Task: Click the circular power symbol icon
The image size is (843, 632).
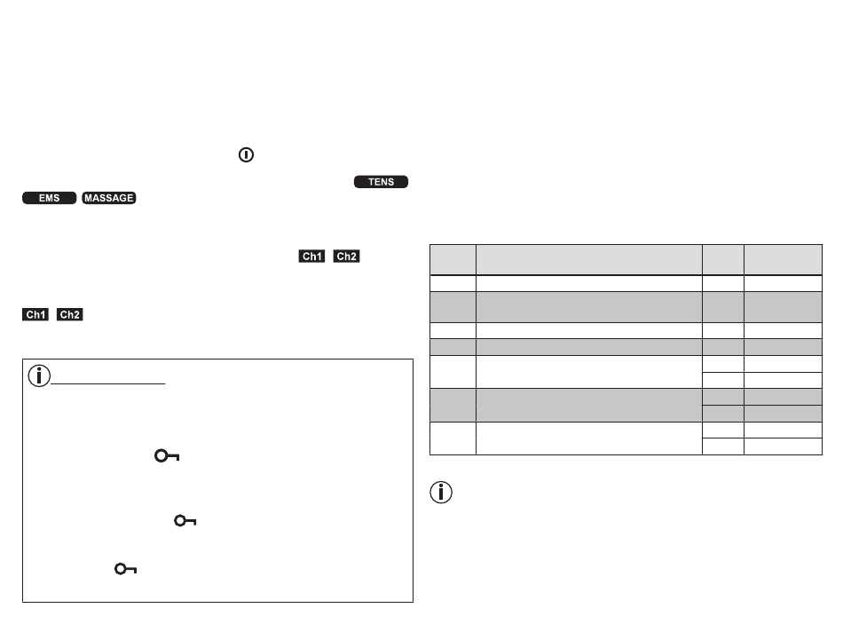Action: point(246,154)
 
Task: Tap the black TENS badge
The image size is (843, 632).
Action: point(382,182)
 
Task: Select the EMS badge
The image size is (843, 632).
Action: point(49,198)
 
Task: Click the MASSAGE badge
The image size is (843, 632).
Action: point(108,198)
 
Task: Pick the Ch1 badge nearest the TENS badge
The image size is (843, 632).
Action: point(312,257)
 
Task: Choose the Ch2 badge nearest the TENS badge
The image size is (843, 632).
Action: point(346,257)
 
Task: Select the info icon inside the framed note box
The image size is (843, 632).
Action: point(40,375)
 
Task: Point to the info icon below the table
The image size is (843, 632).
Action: point(441,492)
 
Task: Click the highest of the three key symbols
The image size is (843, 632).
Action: point(166,455)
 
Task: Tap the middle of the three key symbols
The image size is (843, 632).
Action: point(185,522)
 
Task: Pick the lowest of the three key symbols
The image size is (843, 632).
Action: point(124,571)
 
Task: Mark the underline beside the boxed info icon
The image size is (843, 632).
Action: point(109,384)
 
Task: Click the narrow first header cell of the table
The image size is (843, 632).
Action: point(453,259)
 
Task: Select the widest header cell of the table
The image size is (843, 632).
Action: point(589,259)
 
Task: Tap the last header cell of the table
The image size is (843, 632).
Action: point(784,259)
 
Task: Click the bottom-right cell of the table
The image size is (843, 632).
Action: point(784,446)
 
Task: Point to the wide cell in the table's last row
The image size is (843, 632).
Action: point(589,438)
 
